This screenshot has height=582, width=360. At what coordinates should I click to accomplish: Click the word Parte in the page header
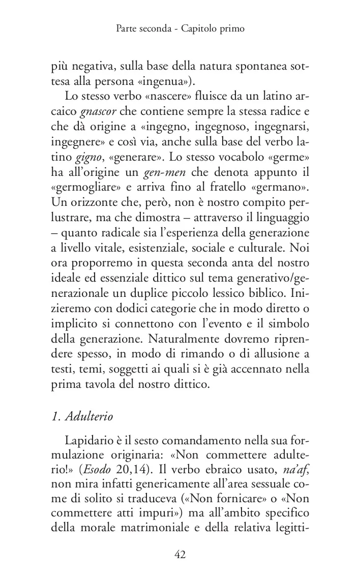(x=127, y=29)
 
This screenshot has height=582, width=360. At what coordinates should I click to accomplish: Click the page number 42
(x=180, y=555)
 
